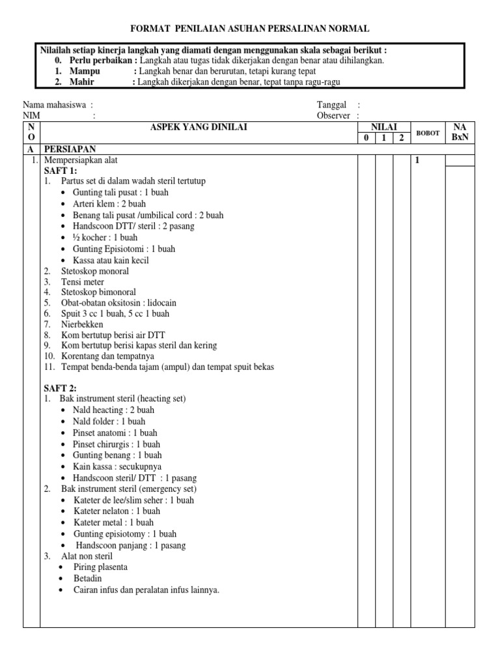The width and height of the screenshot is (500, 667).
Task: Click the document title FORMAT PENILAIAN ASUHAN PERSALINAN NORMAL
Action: point(250,29)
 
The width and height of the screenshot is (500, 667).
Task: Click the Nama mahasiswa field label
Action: point(55,105)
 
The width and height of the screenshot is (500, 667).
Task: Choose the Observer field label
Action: point(333,116)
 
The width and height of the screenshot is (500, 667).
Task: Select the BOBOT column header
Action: point(428,133)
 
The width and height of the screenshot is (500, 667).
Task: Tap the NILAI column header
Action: point(384,127)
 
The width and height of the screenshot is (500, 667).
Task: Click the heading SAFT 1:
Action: point(60,170)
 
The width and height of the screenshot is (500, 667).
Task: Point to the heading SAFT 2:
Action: point(60,388)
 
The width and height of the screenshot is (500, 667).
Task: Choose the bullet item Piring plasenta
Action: point(100,567)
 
